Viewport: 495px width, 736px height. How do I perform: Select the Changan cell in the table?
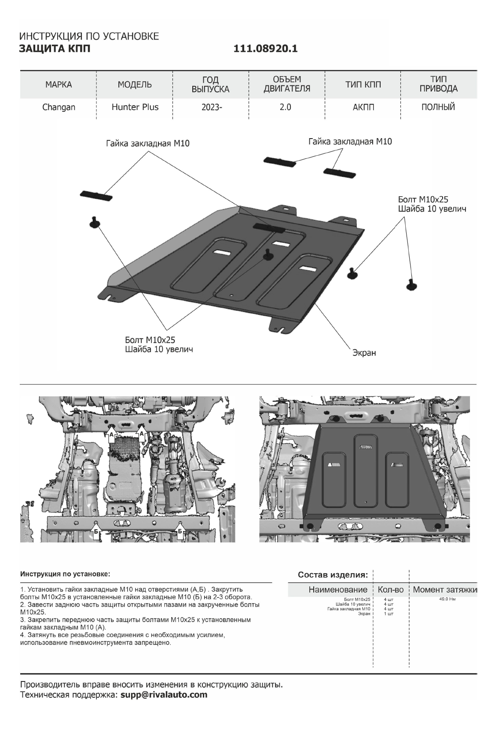(59, 107)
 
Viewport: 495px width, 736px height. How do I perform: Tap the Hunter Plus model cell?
(135, 107)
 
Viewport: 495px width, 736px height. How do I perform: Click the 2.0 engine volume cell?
(286, 107)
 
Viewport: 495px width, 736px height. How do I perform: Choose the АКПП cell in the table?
(363, 107)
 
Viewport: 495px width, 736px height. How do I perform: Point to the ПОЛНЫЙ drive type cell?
(438, 107)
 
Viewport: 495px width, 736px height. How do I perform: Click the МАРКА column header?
(59, 84)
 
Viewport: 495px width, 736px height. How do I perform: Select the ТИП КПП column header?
(363, 84)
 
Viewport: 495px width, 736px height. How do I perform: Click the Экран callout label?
(364, 353)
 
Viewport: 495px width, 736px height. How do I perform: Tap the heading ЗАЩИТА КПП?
(55, 48)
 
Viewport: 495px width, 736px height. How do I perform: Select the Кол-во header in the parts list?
(391, 590)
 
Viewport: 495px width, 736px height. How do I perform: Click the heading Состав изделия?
(333, 575)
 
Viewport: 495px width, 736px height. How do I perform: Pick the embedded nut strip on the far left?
(96, 194)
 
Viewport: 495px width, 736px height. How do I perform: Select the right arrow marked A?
(142, 434)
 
